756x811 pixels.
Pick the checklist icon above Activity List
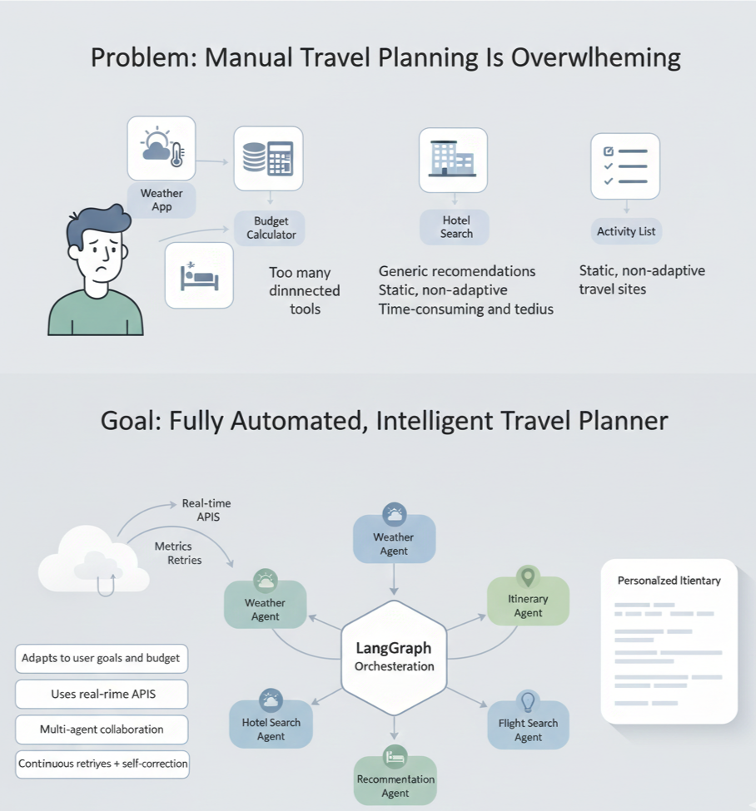pos(624,166)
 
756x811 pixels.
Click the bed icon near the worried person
pos(199,275)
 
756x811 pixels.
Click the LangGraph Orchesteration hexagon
pos(394,658)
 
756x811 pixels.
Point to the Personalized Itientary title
pos(669,581)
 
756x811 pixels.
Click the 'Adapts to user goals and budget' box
pos(101,658)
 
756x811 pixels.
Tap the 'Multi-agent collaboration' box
pos(102,729)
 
